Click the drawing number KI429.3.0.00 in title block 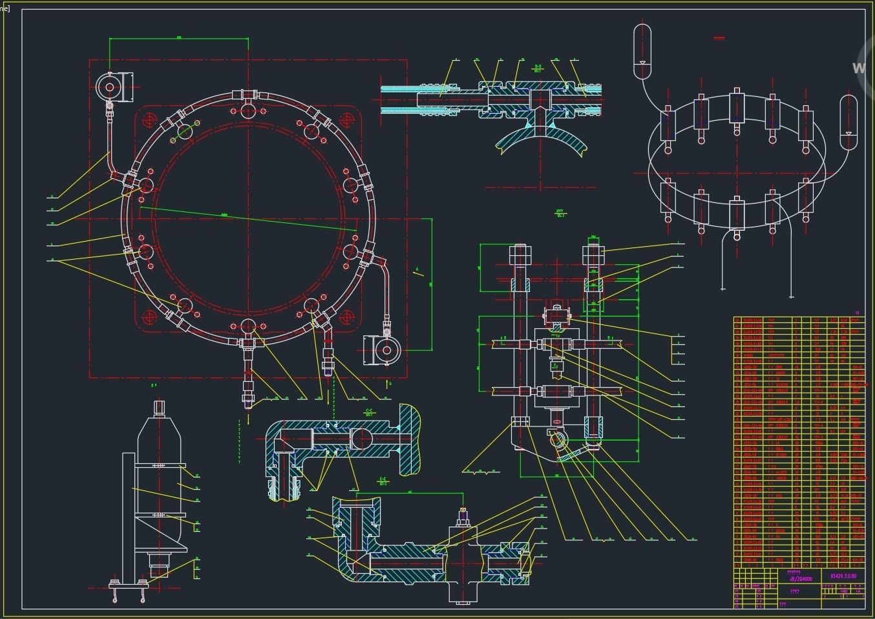pyautogui.click(x=843, y=576)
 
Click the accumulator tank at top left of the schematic pyautogui.click(x=642, y=51)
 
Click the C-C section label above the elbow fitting pyautogui.click(x=370, y=412)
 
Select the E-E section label pyautogui.click(x=383, y=481)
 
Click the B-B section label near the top pyautogui.click(x=538, y=68)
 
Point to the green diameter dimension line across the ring pyautogui.click(x=249, y=219)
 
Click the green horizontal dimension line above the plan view pyautogui.click(x=179, y=39)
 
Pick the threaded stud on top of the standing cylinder pyautogui.click(x=160, y=408)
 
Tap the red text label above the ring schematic pyautogui.click(x=719, y=38)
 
